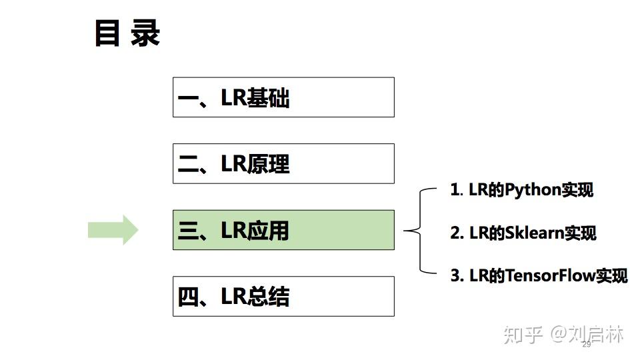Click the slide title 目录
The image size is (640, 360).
[x=127, y=33]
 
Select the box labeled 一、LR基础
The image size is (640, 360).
[x=283, y=97]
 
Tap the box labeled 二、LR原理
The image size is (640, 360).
[x=283, y=163]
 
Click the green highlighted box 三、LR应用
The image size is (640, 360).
[x=283, y=230]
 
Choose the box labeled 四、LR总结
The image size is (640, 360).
[x=283, y=296]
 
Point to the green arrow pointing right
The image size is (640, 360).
[x=113, y=230]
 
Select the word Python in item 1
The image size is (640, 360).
[x=533, y=190]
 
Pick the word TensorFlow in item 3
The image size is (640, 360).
[x=550, y=275]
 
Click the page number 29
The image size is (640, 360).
[x=587, y=345]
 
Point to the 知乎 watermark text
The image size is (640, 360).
[x=523, y=333]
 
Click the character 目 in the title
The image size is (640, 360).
[x=107, y=33]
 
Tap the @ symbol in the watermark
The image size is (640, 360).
[x=559, y=333]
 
